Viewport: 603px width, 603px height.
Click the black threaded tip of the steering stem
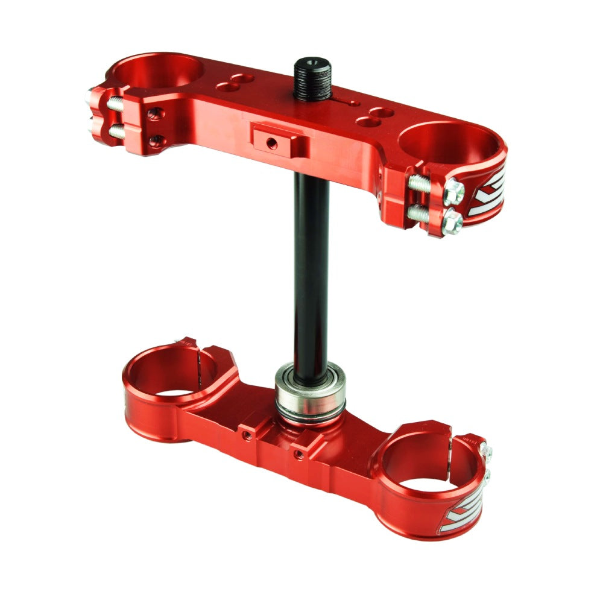312,78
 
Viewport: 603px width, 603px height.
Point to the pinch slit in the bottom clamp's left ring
200,361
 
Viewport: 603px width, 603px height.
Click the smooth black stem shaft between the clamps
311,271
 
